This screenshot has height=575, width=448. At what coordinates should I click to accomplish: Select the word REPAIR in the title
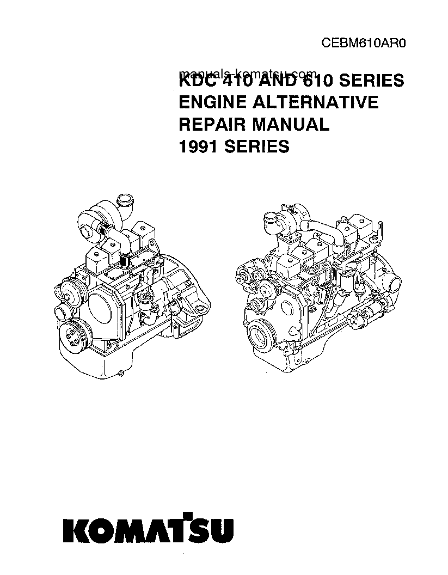coord(212,124)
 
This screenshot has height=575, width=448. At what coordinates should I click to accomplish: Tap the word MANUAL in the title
coord(290,124)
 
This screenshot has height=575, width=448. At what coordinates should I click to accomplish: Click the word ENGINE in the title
coord(213,102)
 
